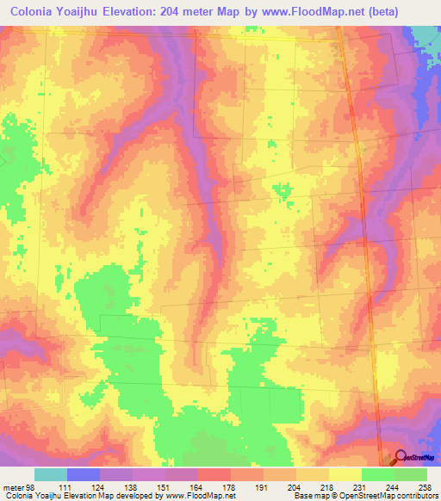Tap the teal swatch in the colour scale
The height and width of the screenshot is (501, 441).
[x=51, y=474]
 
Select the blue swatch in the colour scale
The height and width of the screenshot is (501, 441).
[x=84, y=474]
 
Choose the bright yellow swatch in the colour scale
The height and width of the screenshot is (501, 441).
[x=345, y=474]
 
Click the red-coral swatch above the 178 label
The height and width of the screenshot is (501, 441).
[x=214, y=474]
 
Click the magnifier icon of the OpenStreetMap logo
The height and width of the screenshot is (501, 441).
[x=401, y=458]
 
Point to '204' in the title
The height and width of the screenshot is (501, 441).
[x=200, y=11]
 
